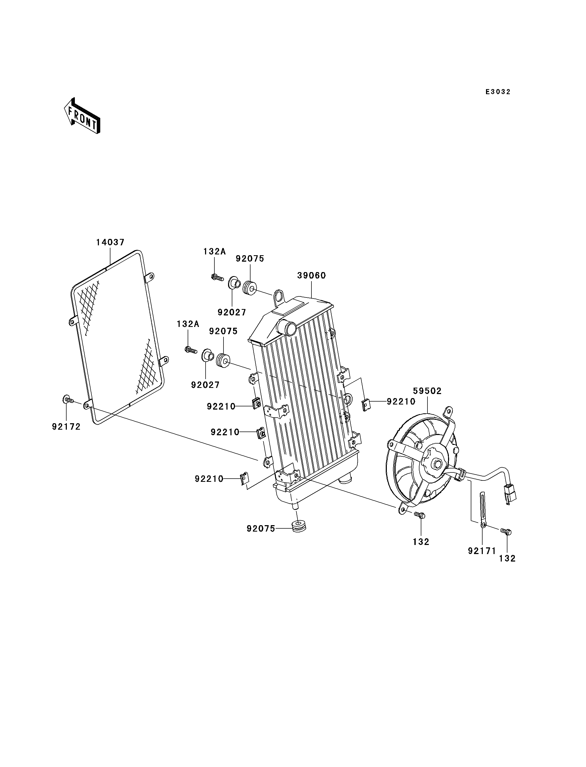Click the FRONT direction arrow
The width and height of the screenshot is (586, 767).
coord(82,116)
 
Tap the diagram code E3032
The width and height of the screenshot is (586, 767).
coord(498,92)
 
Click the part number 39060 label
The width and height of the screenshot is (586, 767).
coord(311,276)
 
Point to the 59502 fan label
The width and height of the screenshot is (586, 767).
coord(427,391)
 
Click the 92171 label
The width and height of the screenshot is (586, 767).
coord(482,551)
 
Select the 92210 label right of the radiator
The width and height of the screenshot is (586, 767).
coord(401,402)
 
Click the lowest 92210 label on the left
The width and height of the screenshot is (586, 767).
coord(209,479)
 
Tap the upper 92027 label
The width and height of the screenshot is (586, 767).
coord(232,312)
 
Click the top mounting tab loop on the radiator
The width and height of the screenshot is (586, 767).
coord(279,296)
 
